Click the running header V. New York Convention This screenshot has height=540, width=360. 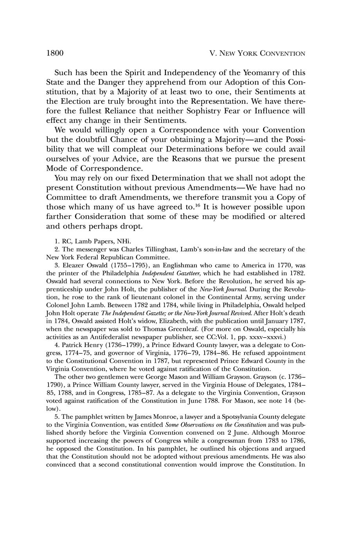coord(257,54)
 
